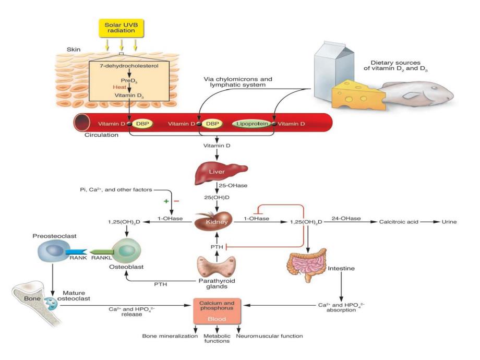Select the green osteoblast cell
coord(125,252)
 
